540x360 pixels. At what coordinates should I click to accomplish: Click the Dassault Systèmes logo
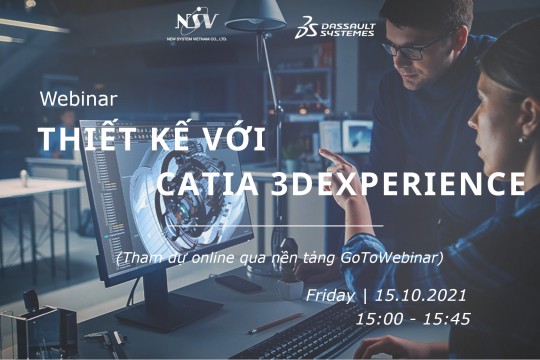[x=334, y=28]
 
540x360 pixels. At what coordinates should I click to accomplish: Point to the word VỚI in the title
[x=231, y=140]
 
